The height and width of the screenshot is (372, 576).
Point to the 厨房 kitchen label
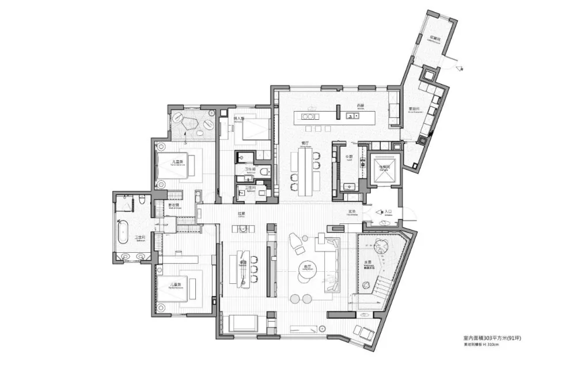click(361, 106)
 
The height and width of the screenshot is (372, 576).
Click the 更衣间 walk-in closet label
click(173, 205)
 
